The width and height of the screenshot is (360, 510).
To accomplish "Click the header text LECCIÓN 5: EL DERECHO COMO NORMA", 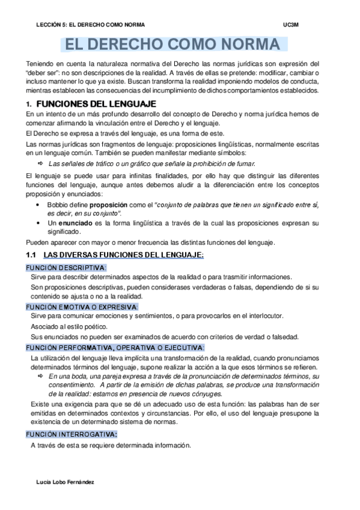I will pos(91,25).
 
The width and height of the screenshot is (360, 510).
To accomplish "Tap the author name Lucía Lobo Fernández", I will pos(65,482).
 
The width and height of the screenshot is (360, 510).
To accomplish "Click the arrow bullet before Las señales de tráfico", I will pos(40,163).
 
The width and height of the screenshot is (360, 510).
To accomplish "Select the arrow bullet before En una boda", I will pos(40,375).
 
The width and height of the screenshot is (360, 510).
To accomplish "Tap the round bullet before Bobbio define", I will pos(40,204).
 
